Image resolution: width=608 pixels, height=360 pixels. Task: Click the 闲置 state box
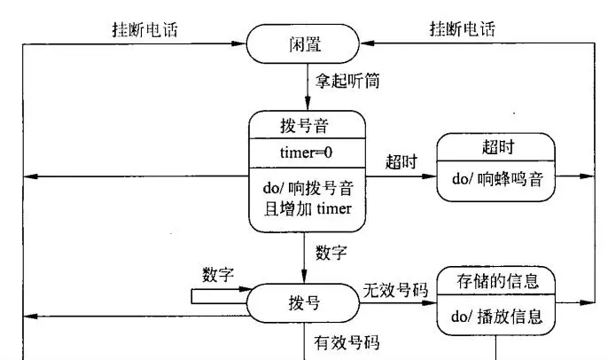pyautogui.click(x=303, y=43)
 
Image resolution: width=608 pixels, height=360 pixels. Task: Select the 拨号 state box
pyautogui.click(x=303, y=303)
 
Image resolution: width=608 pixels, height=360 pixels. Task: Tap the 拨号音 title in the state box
pyautogui.click(x=304, y=126)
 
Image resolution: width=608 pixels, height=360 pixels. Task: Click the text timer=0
pyautogui.click(x=306, y=153)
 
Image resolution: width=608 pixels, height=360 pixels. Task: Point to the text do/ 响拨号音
pyautogui.click(x=308, y=188)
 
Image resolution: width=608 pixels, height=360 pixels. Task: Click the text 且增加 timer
pyautogui.click(x=308, y=209)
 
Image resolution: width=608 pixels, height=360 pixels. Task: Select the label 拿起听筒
pyautogui.click(x=347, y=81)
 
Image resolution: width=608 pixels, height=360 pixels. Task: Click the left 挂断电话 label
pyautogui.click(x=145, y=30)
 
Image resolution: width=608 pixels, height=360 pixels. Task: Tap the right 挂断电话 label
pyautogui.click(x=463, y=29)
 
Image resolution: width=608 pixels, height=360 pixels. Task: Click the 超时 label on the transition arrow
pyautogui.click(x=401, y=161)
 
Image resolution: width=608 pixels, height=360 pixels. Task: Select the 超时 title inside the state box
pyautogui.click(x=498, y=147)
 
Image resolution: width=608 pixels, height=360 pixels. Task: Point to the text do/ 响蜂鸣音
pyautogui.click(x=497, y=179)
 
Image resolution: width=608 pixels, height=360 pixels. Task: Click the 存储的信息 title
pyautogui.click(x=498, y=281)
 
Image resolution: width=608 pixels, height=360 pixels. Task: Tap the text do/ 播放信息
pyautogui.click(x=496, y=317)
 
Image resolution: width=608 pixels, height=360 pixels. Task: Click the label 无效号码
pyautogui.click(x=396, y=290)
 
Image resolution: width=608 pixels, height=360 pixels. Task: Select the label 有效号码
pyautogui.click(x=347, y=342)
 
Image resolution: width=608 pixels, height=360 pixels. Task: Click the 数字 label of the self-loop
pyautogui.click(x=218, y=275)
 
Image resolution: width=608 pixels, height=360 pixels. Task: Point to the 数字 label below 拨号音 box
pyautogui.click(x=331, y=253)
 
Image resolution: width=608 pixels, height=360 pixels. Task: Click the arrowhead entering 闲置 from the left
pyautogui.click(x=238, y=43)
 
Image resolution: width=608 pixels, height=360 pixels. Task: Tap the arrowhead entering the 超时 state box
pyautogui.click(x=429, y=176)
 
